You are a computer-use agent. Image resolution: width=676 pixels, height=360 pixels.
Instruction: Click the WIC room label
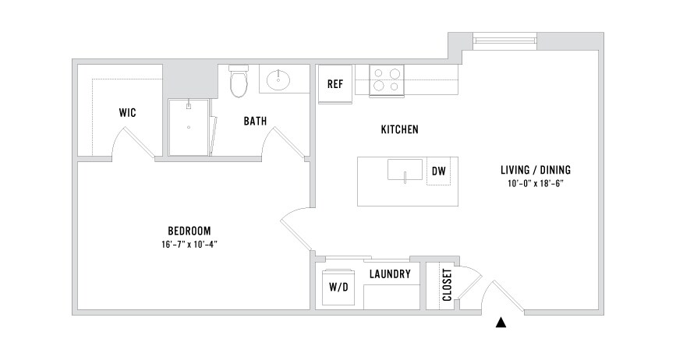(128, 113)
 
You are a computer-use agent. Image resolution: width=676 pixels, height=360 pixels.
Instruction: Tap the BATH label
(254, 121)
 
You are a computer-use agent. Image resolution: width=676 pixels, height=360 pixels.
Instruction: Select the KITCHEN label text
(400, 129)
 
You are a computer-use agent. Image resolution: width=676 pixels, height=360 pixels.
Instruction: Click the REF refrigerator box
(335, 84)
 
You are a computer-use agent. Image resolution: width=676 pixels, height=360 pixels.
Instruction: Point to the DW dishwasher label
(438, 171)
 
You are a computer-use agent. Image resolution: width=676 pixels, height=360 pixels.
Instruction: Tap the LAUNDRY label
(390, 274)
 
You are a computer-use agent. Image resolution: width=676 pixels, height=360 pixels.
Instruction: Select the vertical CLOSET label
(447, 286)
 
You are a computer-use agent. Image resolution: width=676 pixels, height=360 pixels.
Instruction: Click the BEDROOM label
(189, 231)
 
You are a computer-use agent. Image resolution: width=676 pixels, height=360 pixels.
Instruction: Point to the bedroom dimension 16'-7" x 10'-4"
(189, 244)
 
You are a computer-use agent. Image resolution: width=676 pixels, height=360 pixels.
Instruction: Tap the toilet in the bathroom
(239, 81)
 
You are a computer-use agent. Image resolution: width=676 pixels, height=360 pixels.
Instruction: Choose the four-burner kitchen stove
(387, 79)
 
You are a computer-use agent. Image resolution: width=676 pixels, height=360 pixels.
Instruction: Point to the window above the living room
(504, 38)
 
